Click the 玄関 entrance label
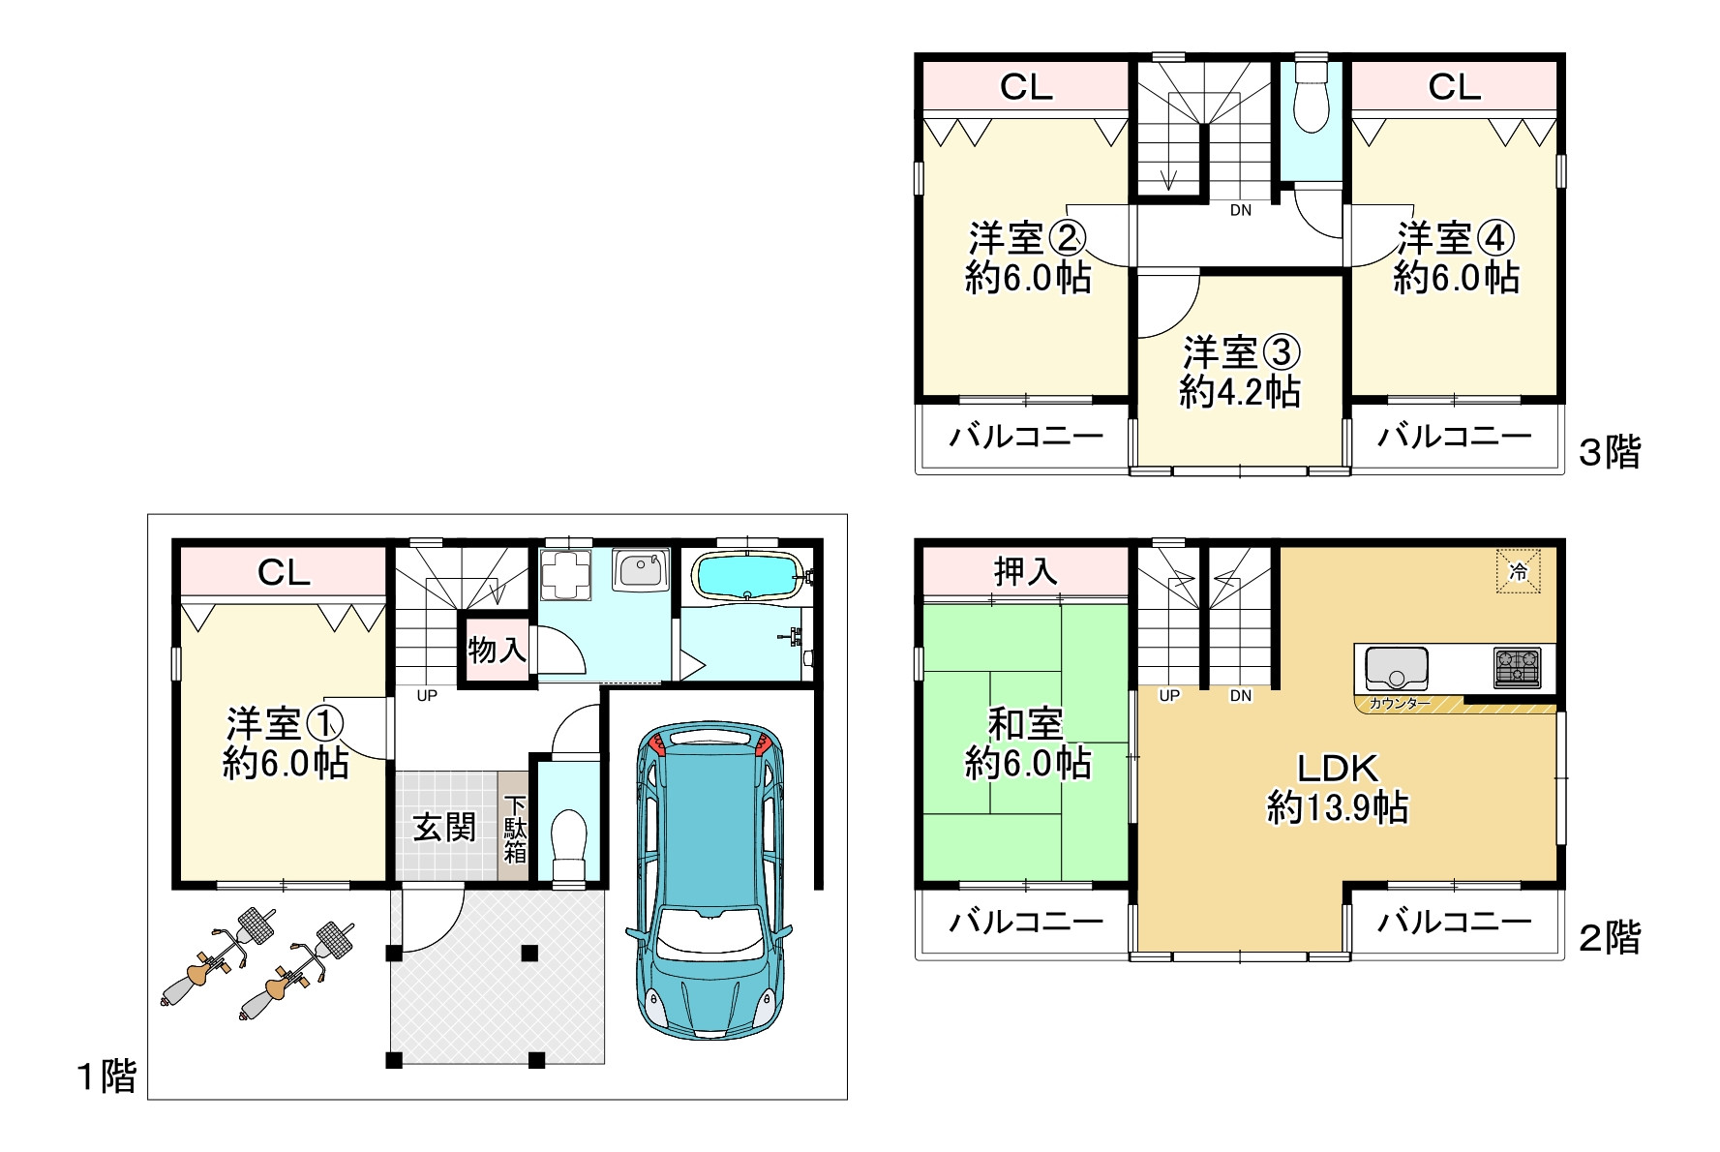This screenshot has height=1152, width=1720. [444, 827]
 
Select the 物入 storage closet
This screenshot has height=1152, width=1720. [498, 649]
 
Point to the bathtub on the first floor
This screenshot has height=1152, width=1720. [748, 578]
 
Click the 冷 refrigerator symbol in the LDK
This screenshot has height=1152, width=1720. [1518, 571]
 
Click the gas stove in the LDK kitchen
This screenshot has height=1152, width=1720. [1517, 668]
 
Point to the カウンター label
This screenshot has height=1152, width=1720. [1400, 704]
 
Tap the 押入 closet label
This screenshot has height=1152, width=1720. [1025, 571]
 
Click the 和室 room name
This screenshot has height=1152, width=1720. [1026, 723]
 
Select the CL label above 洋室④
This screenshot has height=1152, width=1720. [1455, 88]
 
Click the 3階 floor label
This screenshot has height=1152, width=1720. [1610, 452]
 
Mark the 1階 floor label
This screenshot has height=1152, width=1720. [106, 1076]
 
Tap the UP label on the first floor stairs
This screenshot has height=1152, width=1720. [427, 695]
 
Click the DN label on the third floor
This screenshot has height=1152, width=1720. [1241, 210]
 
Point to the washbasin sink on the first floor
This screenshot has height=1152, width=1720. [640, 569]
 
